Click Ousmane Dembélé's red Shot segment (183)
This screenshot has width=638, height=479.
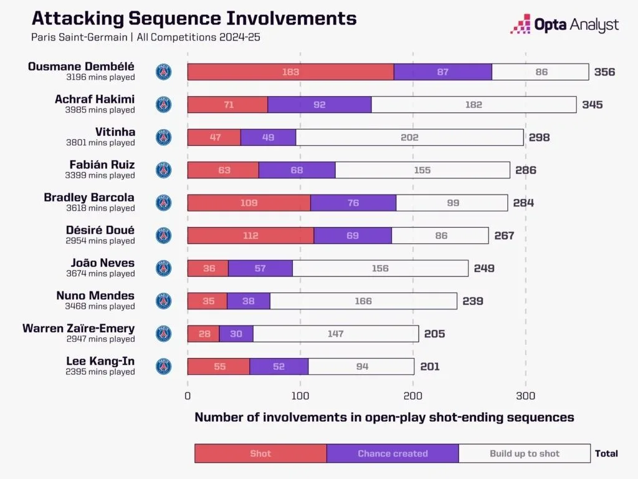(290, 72)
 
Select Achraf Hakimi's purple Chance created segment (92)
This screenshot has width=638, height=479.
(320, 105)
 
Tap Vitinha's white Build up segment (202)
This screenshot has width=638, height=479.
(409, 137)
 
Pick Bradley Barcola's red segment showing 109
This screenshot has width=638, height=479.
(249, 203)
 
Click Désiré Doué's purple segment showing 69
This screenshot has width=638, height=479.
(353, 235)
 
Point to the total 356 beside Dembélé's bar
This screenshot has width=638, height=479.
(604, 72)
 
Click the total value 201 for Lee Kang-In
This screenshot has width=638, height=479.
(429, 366)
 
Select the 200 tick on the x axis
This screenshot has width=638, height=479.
(412, 395)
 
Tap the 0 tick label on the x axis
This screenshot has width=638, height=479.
(188, 395)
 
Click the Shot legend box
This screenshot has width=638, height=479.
(260, 453)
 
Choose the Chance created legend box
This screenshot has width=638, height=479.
(393, 453)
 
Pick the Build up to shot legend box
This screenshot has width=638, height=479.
(525, 453)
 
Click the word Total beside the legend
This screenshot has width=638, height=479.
(606, 453)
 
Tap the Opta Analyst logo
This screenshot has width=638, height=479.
(564, 24)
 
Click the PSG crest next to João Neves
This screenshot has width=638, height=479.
(163, 268)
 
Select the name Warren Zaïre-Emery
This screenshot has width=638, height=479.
(79, 328)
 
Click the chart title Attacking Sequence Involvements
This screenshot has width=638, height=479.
(193, 18)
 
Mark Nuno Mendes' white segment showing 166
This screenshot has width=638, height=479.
(363, 301)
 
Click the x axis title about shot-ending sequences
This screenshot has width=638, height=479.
(384, 417)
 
